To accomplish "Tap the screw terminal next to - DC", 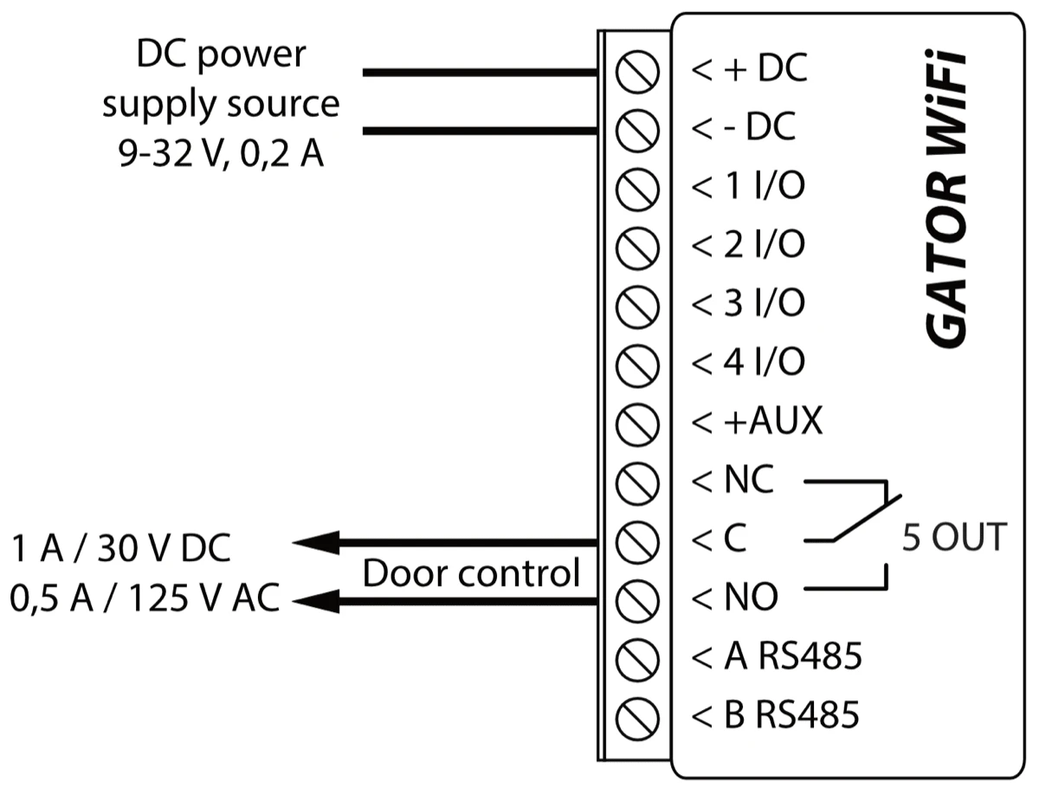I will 638,130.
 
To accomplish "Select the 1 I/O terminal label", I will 749,187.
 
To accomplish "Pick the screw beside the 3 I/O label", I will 638,305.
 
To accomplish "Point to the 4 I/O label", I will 749,363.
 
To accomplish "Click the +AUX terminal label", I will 758,422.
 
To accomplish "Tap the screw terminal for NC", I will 638,481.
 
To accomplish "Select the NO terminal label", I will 735,597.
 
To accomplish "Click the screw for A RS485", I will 638,656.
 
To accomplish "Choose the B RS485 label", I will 776,715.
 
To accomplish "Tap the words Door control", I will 470,572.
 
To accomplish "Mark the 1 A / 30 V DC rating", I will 121,549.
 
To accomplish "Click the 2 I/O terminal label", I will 749,245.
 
